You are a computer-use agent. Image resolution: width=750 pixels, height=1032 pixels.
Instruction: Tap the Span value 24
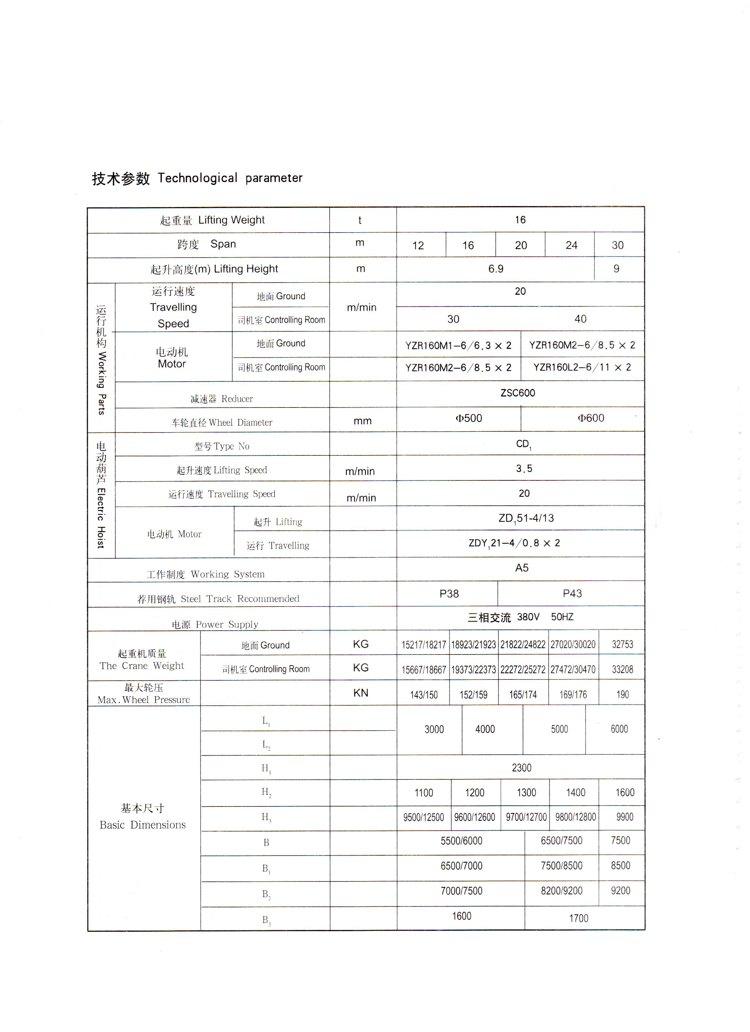571,245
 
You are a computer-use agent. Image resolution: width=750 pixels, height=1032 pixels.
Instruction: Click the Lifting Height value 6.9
496,269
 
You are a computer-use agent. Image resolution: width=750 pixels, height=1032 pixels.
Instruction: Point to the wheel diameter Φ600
591,418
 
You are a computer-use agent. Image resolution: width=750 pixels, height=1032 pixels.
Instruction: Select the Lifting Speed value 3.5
524,469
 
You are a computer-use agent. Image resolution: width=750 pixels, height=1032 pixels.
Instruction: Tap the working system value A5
521,568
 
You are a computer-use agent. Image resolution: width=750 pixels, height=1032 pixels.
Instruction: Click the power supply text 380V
528,617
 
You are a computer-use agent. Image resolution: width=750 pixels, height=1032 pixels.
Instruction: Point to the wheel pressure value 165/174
523,695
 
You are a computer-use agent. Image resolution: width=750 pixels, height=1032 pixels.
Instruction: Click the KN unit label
360,693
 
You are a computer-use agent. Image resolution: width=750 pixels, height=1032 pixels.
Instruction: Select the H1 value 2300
521,768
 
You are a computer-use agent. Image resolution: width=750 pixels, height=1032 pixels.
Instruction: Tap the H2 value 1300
526,793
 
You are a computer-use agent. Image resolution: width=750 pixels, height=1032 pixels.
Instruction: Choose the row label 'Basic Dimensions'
142,825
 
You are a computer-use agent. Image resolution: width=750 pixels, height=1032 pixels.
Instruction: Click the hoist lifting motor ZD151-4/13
526,518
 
